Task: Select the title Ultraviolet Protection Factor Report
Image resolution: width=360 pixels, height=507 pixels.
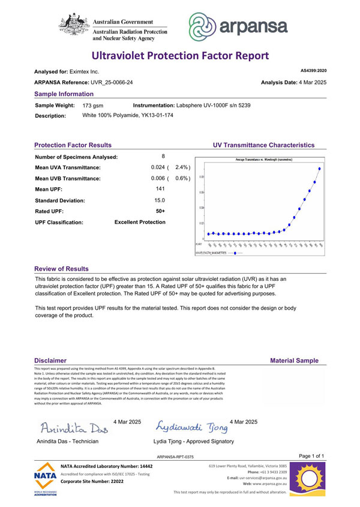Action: coord(180,56)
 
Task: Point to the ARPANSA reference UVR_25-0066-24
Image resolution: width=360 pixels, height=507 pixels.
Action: coord(111,82)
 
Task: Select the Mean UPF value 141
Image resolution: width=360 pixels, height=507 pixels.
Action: coord(160,189)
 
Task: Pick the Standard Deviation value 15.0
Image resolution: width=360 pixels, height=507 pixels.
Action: coord(160,200)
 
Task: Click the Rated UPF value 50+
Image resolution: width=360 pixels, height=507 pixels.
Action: coord(160,211)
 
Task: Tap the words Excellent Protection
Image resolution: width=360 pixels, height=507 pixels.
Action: coord(140,222)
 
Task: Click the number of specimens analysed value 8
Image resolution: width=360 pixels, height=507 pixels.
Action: coord(163,157)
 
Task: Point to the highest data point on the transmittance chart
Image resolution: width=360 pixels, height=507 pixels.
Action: coord(319,169)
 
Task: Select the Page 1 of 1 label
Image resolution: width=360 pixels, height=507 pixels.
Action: coord(311,457)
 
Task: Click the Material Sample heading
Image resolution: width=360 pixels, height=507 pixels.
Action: coord(294,361)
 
